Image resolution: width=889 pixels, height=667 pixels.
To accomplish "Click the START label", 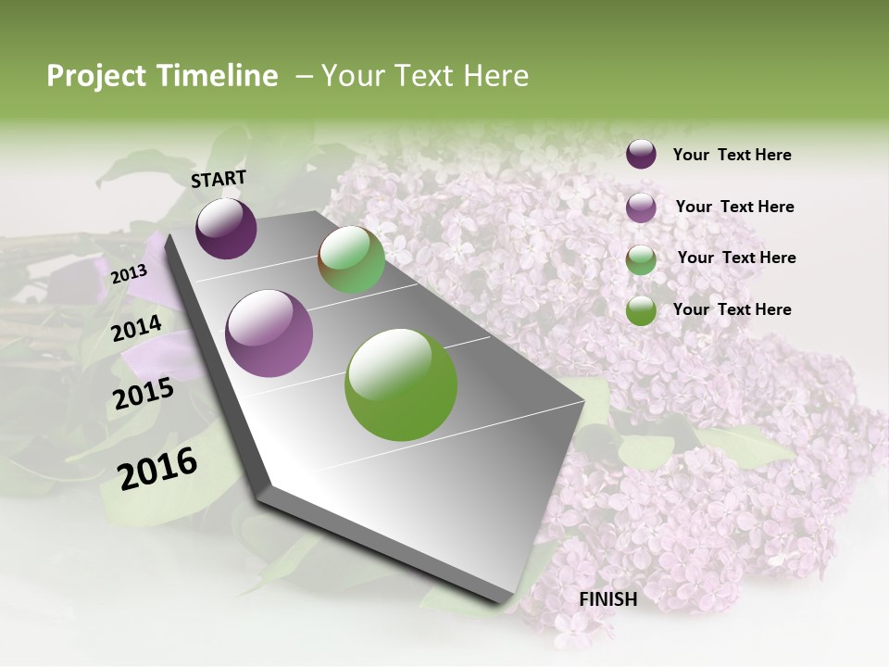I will tap(219, 179).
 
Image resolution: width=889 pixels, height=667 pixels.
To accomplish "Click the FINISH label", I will tap(608, 599).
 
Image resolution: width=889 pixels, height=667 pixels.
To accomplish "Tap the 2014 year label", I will tap(137, 329).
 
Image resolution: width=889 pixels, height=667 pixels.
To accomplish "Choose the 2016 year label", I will tap(157, 468).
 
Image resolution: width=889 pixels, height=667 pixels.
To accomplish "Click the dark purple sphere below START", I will tap(226, 229).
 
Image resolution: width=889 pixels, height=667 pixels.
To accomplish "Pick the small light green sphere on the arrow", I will tap(351, 260).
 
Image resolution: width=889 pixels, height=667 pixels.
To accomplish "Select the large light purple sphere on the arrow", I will tap(269, 333).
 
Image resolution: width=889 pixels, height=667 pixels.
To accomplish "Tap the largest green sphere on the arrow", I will tap(401, 384).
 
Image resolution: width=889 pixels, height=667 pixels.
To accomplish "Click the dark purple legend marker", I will tap(641, 155).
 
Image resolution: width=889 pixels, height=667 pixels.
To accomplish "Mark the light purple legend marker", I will tap(641, 208).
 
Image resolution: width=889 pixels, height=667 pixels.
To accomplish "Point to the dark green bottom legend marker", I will tap(641, 310).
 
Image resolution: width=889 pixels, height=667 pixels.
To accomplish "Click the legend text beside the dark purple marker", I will tap(732, 155).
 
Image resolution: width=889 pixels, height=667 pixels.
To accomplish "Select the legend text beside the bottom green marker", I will tap(732, 309).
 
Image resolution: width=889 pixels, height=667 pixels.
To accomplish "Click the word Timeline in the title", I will tap(218, 76).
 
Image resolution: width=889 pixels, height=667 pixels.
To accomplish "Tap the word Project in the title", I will tap(96, 76).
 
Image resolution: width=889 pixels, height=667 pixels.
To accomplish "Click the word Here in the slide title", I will tap(495, 76).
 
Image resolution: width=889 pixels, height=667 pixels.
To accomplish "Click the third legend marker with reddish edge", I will tap(641, 259).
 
